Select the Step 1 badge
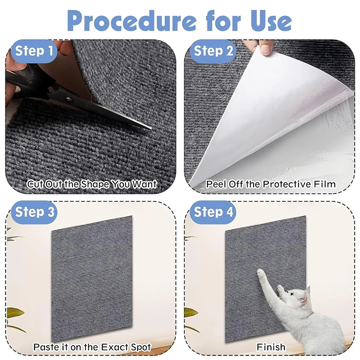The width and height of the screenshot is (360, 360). tap(34, 51)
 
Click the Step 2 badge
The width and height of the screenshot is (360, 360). tap(213, 51)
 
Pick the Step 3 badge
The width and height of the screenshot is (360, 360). tap(35, 212)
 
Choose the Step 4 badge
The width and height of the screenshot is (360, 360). tap(213, 212)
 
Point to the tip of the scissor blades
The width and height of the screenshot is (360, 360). tap(151, 128)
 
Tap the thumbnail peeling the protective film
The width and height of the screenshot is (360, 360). tap(265, 50)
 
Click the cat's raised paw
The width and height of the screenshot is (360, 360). tap(261, 273)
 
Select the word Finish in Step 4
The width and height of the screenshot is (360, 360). tap(271, 347)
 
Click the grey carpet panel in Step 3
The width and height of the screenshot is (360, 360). tap(92, 278)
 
